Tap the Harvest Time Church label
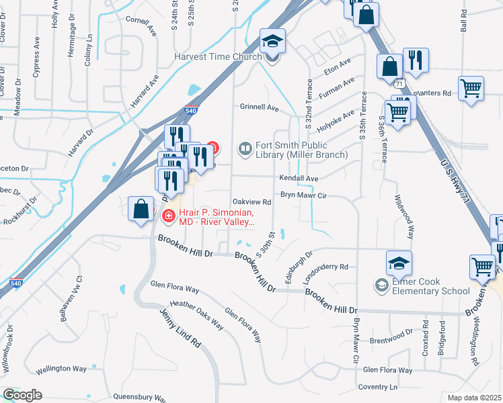pyautogui.click(x=217, y=56)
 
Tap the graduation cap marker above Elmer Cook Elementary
pyautogui.click(x=399, y=263)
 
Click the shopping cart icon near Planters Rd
pyautogui.click(x=471, y=88)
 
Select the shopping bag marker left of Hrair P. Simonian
pyautogui.click(x=141, y=209)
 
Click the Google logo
pyautogui.click(x=22, y=395)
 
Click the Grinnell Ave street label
pyautogui.click(x=260, y=107)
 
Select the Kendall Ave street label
pyautogui.click(x=299, y=179)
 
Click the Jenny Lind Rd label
pyautogui.click(x=180, y=327)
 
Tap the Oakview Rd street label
pyautogui.click(x=251, y=201)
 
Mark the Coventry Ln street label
pyautogui.click(x=378, y=387)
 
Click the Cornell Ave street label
pyautogui.click(x=141, y=26)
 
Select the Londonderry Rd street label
pyautogui.click(x=324, y=267)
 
